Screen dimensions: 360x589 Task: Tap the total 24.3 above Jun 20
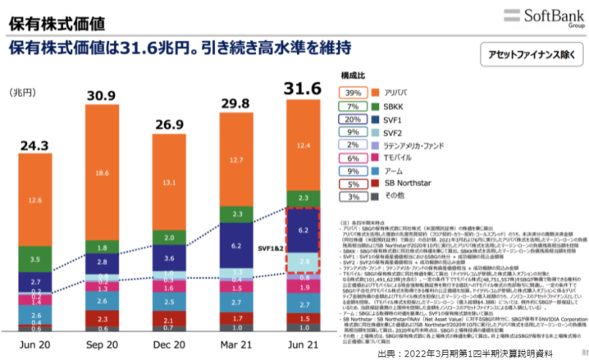tap(35, 145)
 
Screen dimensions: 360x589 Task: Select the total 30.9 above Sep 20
tap(101, 95)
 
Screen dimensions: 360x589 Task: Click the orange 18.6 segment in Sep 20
tap(101, 173)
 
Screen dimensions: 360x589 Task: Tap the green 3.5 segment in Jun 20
tap(35, 258)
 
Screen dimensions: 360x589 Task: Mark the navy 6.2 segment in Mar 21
tap(235, 245)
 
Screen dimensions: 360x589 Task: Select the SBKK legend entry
tap(389, 107)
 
